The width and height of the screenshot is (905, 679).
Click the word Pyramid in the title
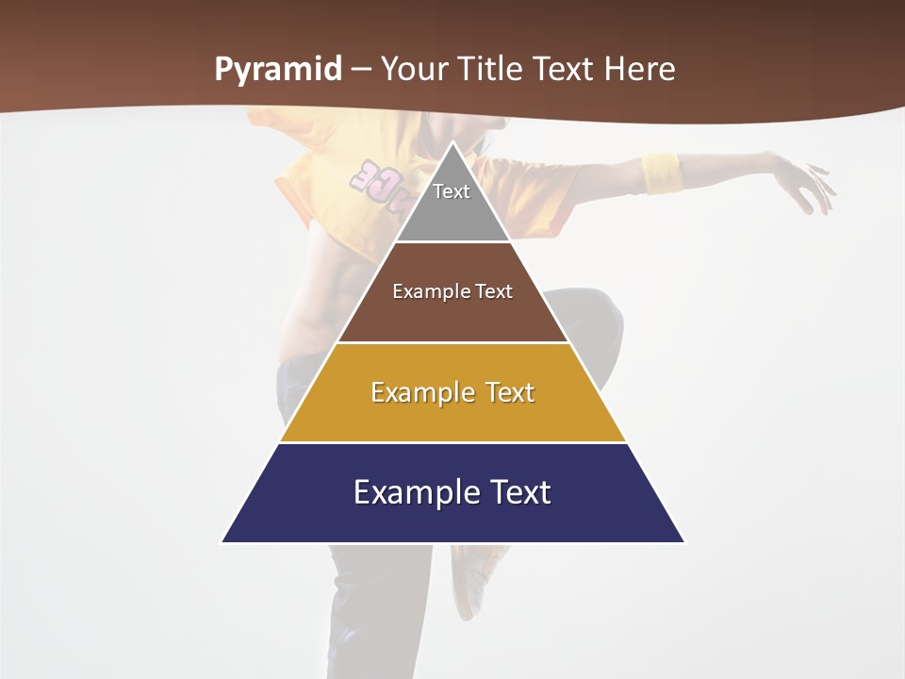point(278,70)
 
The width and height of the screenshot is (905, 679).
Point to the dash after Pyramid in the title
point(361,71)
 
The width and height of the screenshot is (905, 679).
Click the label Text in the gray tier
point(452,191)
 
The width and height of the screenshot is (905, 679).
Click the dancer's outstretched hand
point(806,184)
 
